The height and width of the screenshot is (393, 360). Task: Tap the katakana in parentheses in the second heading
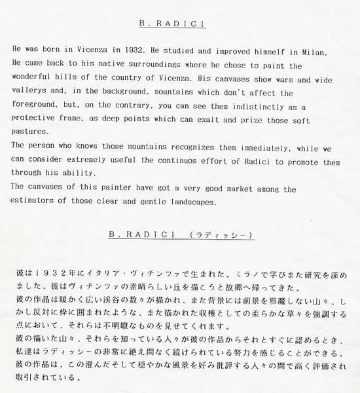pyautogui.click(x=220, y=234)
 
